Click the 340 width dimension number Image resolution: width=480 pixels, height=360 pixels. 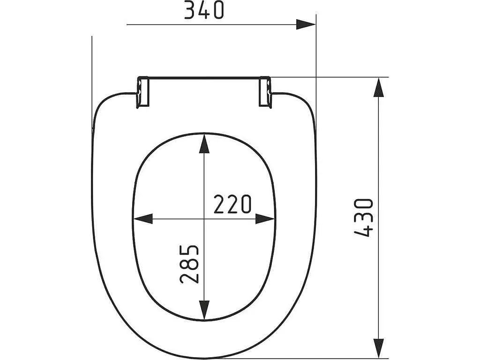coord(204,10)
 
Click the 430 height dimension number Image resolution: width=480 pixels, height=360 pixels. coord(364,217)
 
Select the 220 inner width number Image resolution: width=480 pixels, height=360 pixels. coord(232,204)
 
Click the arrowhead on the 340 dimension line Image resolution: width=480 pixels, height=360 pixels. coord(306,24)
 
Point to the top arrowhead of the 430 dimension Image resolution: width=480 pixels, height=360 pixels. coord(379,87)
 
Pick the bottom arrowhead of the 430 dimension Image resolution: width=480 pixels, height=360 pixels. coord(379,348)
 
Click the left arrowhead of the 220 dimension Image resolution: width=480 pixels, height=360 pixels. coord(143,219)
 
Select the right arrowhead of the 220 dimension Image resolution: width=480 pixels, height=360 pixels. coord(265,219)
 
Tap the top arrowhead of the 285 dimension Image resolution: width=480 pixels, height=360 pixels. coord(204,144)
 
